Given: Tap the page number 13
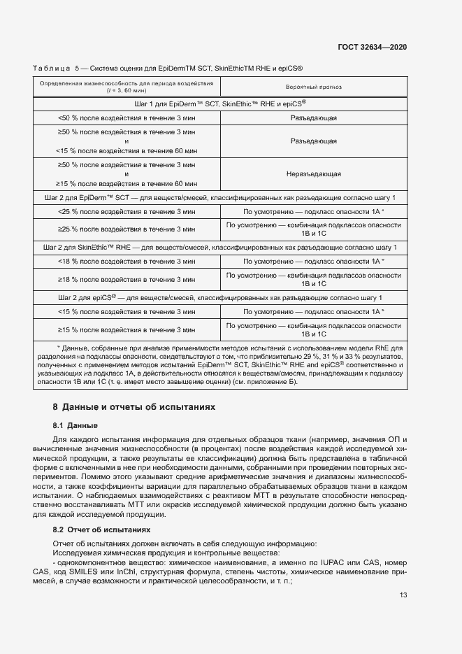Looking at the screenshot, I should tap(403, 595).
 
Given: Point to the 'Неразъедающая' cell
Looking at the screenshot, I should tap(313, 173).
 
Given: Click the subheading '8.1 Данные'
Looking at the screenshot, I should tap(75, 425).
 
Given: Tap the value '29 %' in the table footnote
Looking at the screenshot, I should tap(317, 356).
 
